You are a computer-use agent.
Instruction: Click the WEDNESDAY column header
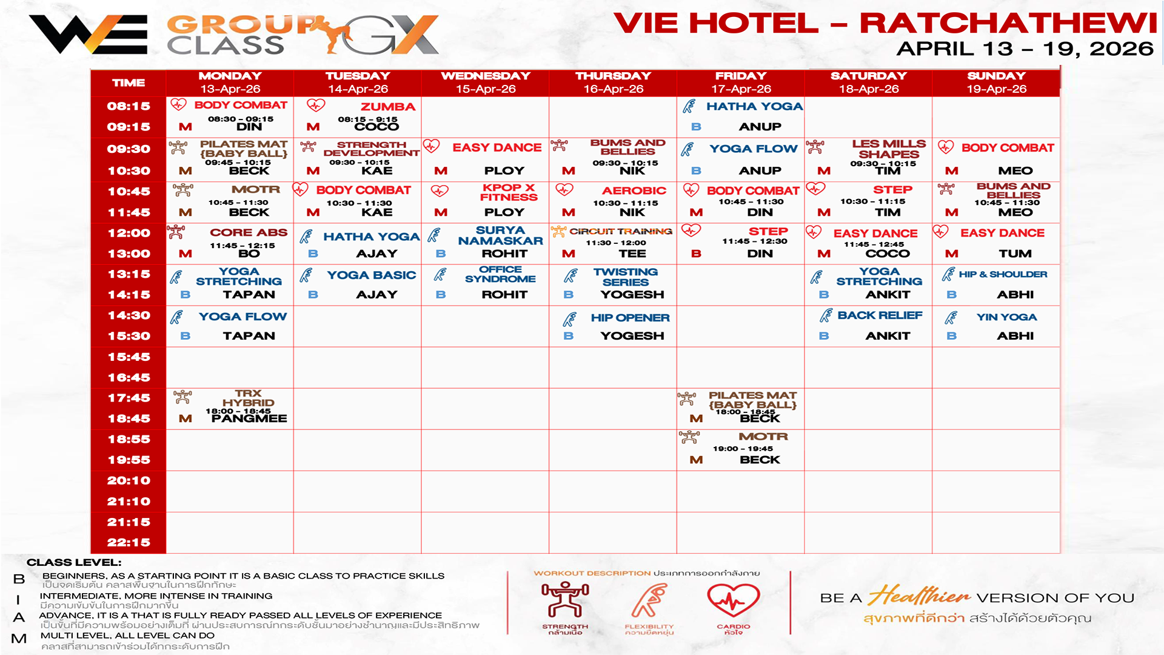tap(486, 76)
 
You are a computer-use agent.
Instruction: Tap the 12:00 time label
tap(129, 233)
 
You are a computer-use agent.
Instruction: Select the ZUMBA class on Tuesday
tap(387, 107)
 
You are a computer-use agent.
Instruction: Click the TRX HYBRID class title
tap(248, 398)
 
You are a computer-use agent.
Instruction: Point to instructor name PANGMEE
tap(249, 418)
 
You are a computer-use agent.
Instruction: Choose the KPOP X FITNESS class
tap(509, 192)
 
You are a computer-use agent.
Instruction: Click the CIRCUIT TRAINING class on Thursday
tap(621, 231)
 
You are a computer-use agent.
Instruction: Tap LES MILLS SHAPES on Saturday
tap(888, 149)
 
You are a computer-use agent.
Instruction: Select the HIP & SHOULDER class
tap(1003, 274)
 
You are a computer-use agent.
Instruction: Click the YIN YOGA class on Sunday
tap(1006, 317)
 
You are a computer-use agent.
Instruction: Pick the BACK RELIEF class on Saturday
tap(880, 315)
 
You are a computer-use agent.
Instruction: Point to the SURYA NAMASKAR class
tap(500, 235)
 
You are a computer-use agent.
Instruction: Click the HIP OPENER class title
tap(630, 318)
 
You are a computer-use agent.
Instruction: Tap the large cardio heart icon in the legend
tap(733, 600)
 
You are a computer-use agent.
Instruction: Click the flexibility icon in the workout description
tap(649, 600)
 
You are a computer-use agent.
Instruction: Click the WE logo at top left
tap(89, 35)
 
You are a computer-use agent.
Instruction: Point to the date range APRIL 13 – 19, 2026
tap(1025, 49)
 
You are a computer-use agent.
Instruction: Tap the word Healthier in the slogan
tap(919, 596)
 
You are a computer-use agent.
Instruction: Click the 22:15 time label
tap(129, 543)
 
